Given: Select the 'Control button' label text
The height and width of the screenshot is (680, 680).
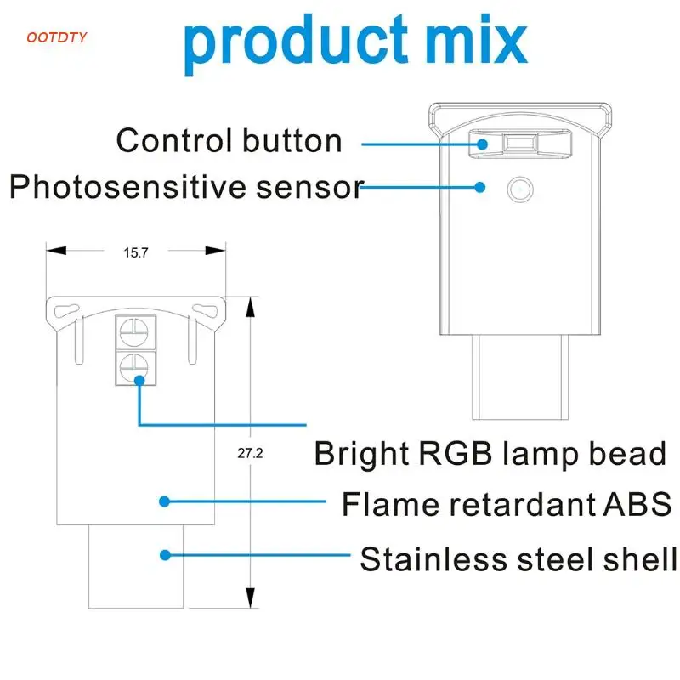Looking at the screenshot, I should point(229,140).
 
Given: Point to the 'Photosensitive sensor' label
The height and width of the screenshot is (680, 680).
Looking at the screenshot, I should point(186,186).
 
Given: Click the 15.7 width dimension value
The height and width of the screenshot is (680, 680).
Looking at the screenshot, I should point(136,252).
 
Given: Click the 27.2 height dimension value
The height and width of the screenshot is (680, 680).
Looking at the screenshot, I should point(250,453).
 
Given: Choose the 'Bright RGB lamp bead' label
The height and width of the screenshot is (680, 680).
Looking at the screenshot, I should point(490,453).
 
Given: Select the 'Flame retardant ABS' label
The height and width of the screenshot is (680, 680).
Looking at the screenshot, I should point(507,504).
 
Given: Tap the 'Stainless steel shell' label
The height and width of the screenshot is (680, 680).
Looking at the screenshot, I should point(518,559).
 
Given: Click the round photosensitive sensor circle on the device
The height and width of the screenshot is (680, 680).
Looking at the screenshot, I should point(518,188).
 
